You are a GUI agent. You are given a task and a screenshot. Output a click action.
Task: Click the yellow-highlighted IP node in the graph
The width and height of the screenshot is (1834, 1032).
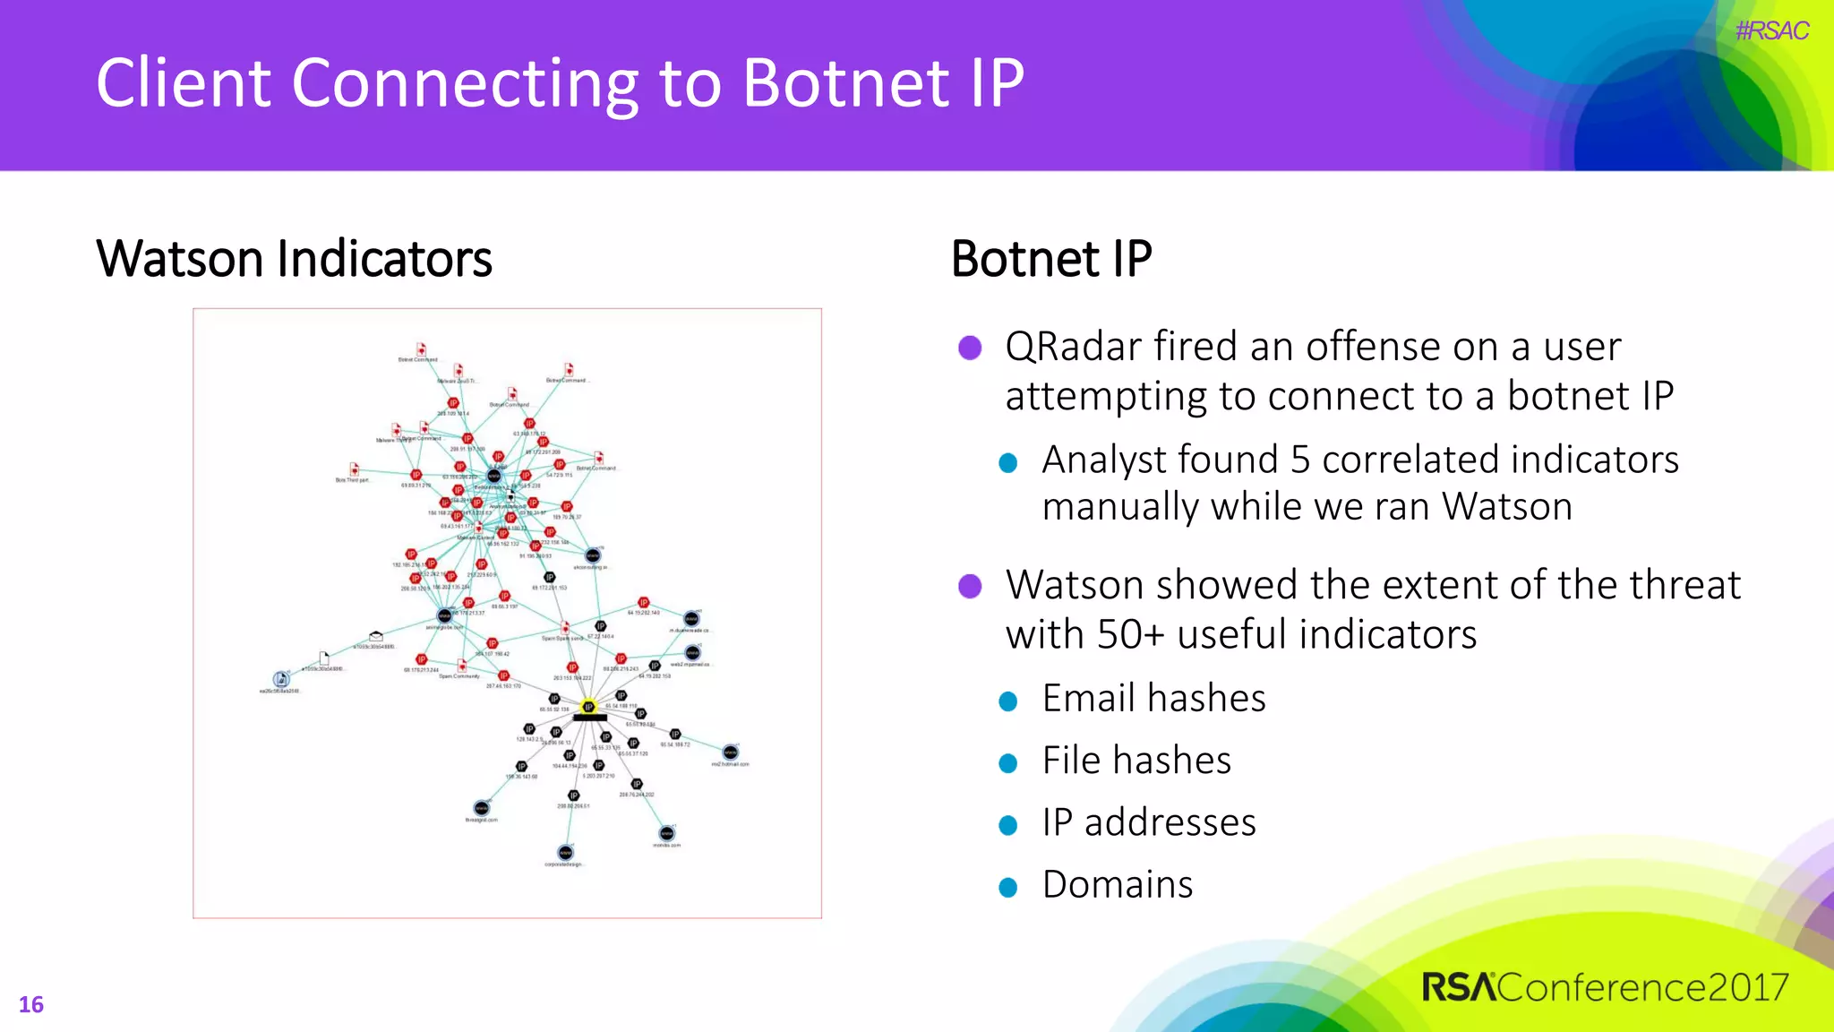click(587, 707)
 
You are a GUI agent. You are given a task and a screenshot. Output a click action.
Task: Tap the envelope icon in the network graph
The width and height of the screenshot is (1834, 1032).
click(376, 636)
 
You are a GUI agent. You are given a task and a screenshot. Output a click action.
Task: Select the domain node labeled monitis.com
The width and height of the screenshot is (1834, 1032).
click(666, 833)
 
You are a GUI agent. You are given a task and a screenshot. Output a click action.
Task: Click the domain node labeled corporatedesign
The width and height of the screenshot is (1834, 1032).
click(565, 852)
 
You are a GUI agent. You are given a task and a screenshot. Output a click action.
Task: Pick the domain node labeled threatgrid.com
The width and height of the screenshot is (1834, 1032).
click(482, 808)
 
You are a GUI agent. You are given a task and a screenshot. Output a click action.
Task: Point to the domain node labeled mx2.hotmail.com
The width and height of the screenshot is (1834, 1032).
click(731, 752)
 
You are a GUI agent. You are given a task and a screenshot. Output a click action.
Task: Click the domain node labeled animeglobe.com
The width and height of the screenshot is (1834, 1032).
click(444, 615)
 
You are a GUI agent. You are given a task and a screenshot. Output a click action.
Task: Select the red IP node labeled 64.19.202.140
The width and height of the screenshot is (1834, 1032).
click(643, 603)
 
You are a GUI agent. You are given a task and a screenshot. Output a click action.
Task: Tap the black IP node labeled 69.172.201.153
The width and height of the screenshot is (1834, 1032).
click(550, 578)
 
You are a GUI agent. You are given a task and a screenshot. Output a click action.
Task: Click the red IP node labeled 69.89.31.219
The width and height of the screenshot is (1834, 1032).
click(416, 475)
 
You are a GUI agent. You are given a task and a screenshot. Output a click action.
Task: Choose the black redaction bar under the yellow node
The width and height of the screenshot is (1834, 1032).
click(589, 718)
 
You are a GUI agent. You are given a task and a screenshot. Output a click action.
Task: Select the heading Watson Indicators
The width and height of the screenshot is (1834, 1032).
click(294, 259)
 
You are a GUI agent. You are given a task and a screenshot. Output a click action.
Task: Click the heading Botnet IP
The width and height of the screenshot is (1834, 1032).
click(1050, 259)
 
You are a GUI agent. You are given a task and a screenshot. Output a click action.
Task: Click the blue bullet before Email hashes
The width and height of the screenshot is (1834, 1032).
click(1008, 701)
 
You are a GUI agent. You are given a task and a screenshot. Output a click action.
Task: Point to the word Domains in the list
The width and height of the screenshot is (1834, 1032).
click(1117, 885)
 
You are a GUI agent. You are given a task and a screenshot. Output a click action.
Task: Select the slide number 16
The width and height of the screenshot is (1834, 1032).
click(30, 1004)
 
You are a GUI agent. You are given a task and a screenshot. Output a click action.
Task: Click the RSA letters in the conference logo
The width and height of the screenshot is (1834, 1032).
click(1458, 988)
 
